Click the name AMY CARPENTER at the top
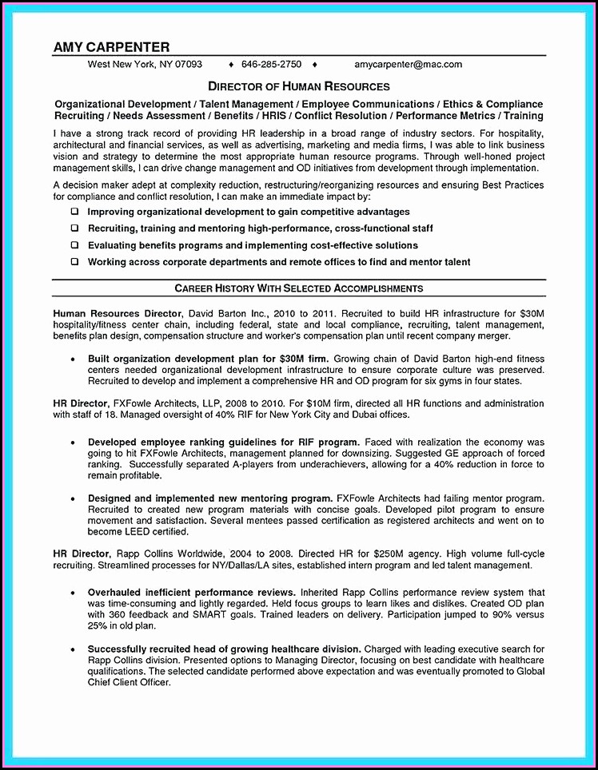click(111, 47)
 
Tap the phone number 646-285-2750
click(271, 64)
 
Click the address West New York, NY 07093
click(145, 64)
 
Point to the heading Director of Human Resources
click(299, 86)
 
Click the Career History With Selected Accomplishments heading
click(299, 288)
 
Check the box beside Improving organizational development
click(74, 212)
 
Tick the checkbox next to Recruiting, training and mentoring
click(74, 229)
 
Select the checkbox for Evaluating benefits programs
click(74, 246)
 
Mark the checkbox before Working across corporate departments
click(74, 262)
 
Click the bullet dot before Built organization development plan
click(73, 359)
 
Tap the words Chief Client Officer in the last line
click(129, 683)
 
